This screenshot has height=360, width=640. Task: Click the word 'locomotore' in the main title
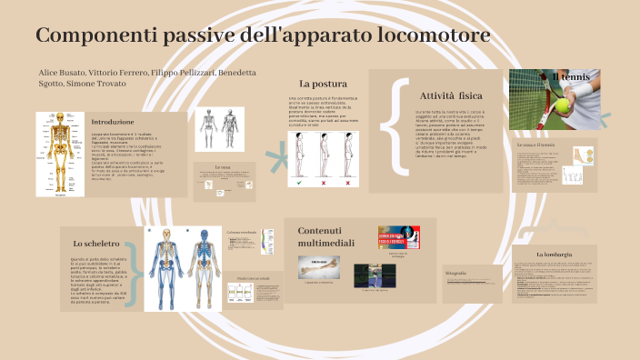427,35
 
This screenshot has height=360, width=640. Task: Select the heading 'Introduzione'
113,121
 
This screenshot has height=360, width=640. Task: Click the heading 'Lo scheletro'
95,243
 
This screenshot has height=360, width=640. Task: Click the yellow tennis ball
564,105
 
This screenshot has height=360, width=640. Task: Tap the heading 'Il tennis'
572,77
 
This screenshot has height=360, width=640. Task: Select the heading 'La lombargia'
553,254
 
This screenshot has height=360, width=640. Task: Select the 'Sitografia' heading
456,273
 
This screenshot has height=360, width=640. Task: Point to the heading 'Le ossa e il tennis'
535,145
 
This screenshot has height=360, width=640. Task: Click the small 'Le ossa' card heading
223,167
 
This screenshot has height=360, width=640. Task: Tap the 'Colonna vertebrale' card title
242,232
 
